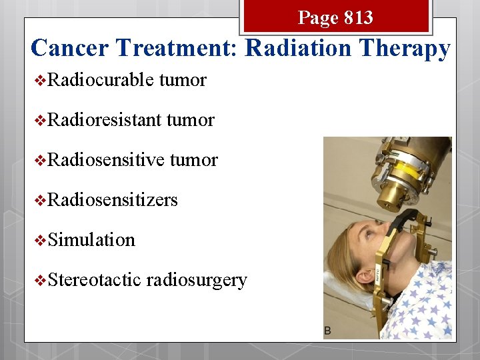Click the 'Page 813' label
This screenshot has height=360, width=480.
pos(335,17)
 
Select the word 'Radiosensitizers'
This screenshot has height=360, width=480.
pos(113,200)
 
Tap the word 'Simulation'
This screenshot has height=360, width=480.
pos(91,240)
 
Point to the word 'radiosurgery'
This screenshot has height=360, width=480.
pos(197,280)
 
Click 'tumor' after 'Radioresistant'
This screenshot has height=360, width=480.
pos(191,120)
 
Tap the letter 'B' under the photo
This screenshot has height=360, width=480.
pos(328,331)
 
